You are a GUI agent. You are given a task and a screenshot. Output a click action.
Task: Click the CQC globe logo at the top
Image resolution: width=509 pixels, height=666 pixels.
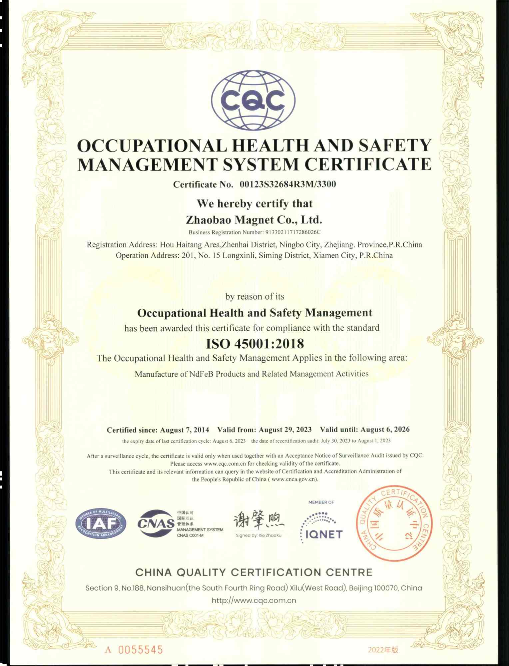(254, 100)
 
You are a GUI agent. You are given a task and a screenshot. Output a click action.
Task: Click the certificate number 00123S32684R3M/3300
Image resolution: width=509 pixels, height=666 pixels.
(288, 184)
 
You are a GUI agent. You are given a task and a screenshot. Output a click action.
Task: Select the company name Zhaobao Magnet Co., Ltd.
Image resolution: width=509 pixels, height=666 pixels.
(254, 220)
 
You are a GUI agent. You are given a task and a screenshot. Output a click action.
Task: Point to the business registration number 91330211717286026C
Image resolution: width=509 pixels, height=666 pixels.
(292, 232)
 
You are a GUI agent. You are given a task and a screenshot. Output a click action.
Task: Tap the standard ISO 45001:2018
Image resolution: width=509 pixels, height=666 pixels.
(255, 343)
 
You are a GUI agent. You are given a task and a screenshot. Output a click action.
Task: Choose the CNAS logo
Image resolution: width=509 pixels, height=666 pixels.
(156, 523)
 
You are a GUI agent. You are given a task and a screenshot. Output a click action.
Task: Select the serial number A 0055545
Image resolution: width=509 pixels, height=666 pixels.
(134, 650)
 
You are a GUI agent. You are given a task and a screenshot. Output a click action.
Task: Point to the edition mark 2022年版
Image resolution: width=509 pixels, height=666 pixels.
(383, 650)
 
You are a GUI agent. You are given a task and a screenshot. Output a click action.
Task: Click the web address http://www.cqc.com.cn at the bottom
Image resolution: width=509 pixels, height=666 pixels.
(254, 600)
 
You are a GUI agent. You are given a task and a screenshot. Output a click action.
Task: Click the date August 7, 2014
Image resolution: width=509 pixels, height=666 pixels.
(185, 430)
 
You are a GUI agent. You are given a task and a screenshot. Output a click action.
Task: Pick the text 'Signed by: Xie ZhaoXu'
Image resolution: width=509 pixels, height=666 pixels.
(258, 535)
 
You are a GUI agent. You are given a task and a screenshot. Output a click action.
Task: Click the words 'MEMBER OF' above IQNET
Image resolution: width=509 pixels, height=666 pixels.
(321, 502)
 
